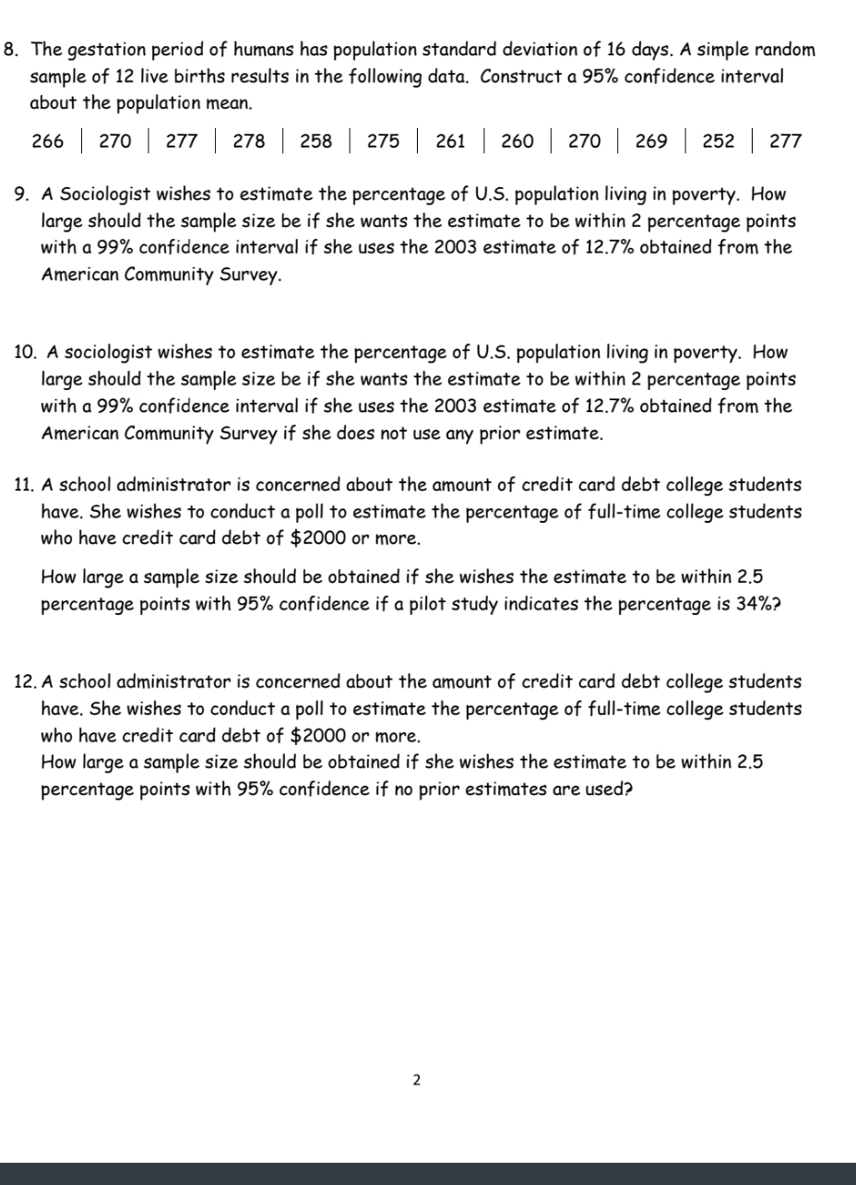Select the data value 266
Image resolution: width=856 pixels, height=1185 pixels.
pos(48,141)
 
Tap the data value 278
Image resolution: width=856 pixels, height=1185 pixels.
pos(249,141)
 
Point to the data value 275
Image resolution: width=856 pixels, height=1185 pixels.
pos(384,141)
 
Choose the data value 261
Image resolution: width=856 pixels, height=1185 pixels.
pos(449,141)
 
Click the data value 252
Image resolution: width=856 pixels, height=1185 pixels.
pos(719,141)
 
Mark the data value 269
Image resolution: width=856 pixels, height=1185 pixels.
pos(651,141)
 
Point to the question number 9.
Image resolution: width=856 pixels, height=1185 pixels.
pos(23,195)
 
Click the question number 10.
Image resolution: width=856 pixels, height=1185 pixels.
pos(26,352)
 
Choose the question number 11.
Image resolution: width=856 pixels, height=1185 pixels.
pos(25,485)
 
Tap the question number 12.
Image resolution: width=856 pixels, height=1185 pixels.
pos(26,682)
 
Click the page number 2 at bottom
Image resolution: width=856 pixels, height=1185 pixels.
pos(416,1080)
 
